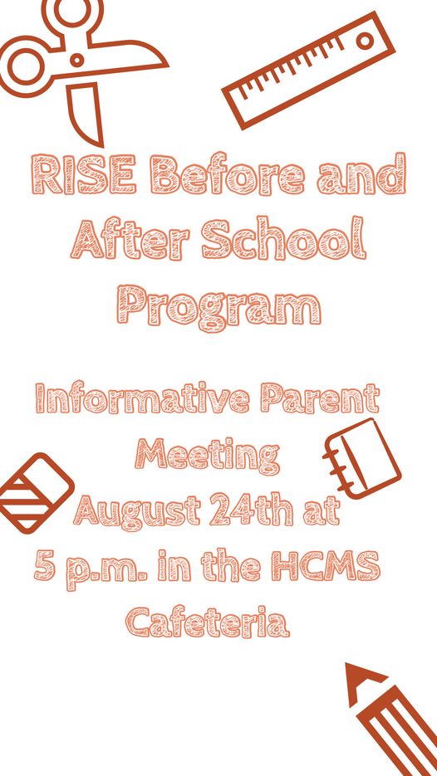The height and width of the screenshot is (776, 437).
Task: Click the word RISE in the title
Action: pos(83,173)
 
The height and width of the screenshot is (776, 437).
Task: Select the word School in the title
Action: pos(283,239)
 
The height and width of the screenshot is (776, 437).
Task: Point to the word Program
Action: pos(218,307)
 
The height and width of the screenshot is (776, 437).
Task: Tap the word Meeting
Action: pos(207,456)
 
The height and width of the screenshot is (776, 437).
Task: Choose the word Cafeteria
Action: pos(207,622)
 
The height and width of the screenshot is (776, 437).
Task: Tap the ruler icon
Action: pos(308,71)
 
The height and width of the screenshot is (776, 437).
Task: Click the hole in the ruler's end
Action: pos(366,41)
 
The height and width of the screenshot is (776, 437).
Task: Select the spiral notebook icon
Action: pos(362,459)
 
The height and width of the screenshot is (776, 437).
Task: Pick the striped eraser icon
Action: pos(36,494)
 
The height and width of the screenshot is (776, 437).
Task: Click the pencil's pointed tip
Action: pos(348,665)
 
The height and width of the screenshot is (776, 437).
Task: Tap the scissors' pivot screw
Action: pos(76,61)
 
